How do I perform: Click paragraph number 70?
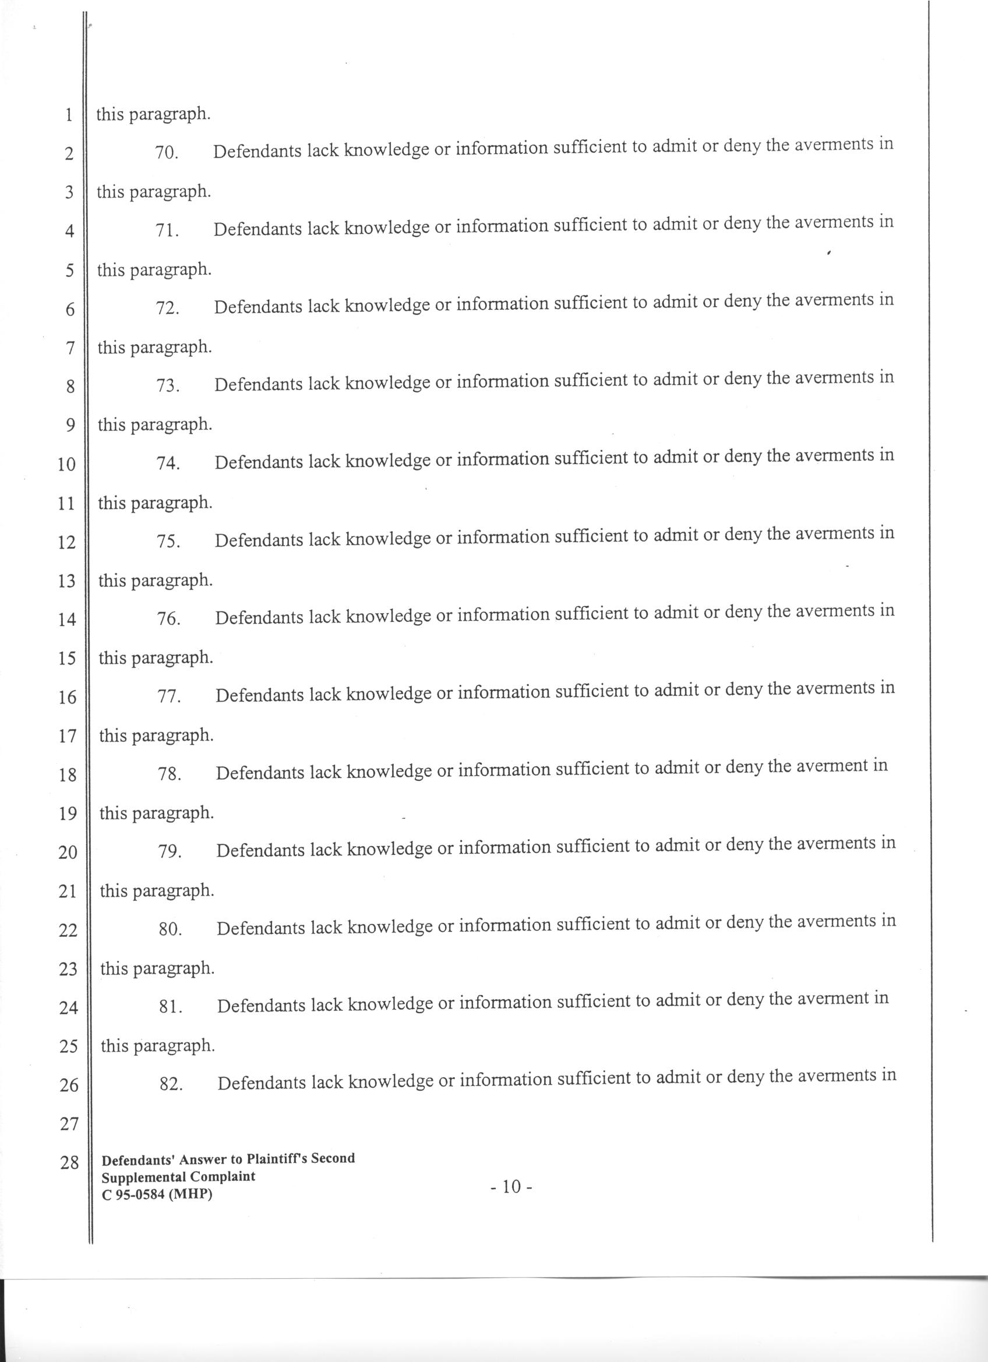click(167, 153)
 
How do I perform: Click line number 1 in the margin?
click(69, 115)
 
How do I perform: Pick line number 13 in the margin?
click(66, 581)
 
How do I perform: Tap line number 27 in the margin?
click(69, 1124)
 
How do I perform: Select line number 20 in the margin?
click(68, 852)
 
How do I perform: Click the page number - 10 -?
click(511, 1187)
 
